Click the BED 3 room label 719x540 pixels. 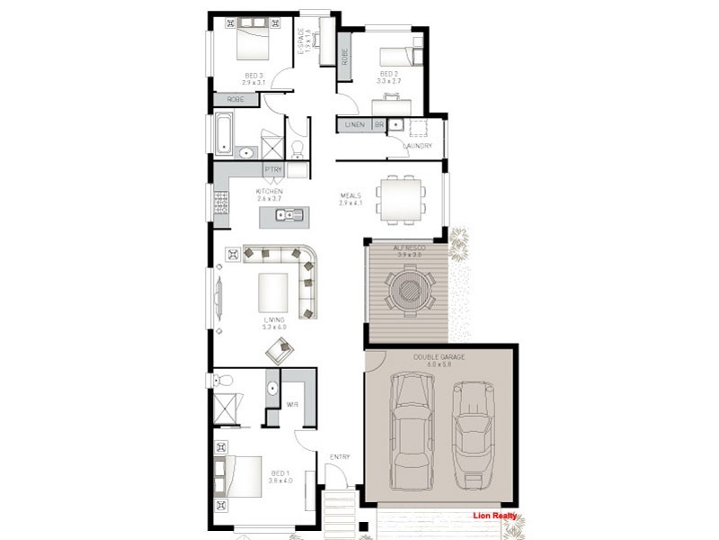coord(253,76)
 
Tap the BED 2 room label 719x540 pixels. coord(389,74)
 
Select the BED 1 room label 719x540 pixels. coord(280,473)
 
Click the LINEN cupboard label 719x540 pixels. coord(355,125)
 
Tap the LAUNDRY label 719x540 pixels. coord(418,146)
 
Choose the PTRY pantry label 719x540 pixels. coord(272,169)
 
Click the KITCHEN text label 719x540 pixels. coord(269,192)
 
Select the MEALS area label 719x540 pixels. coord(351,195)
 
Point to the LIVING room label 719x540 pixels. coord(273,319)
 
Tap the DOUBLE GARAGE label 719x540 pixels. coord(438,357)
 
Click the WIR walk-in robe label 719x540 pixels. coord(292,405)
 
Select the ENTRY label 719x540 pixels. coord(339,457)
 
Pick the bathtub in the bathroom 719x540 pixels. coord(224,134)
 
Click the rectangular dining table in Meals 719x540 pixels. coord(401,198)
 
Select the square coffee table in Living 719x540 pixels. coord(273,292)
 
